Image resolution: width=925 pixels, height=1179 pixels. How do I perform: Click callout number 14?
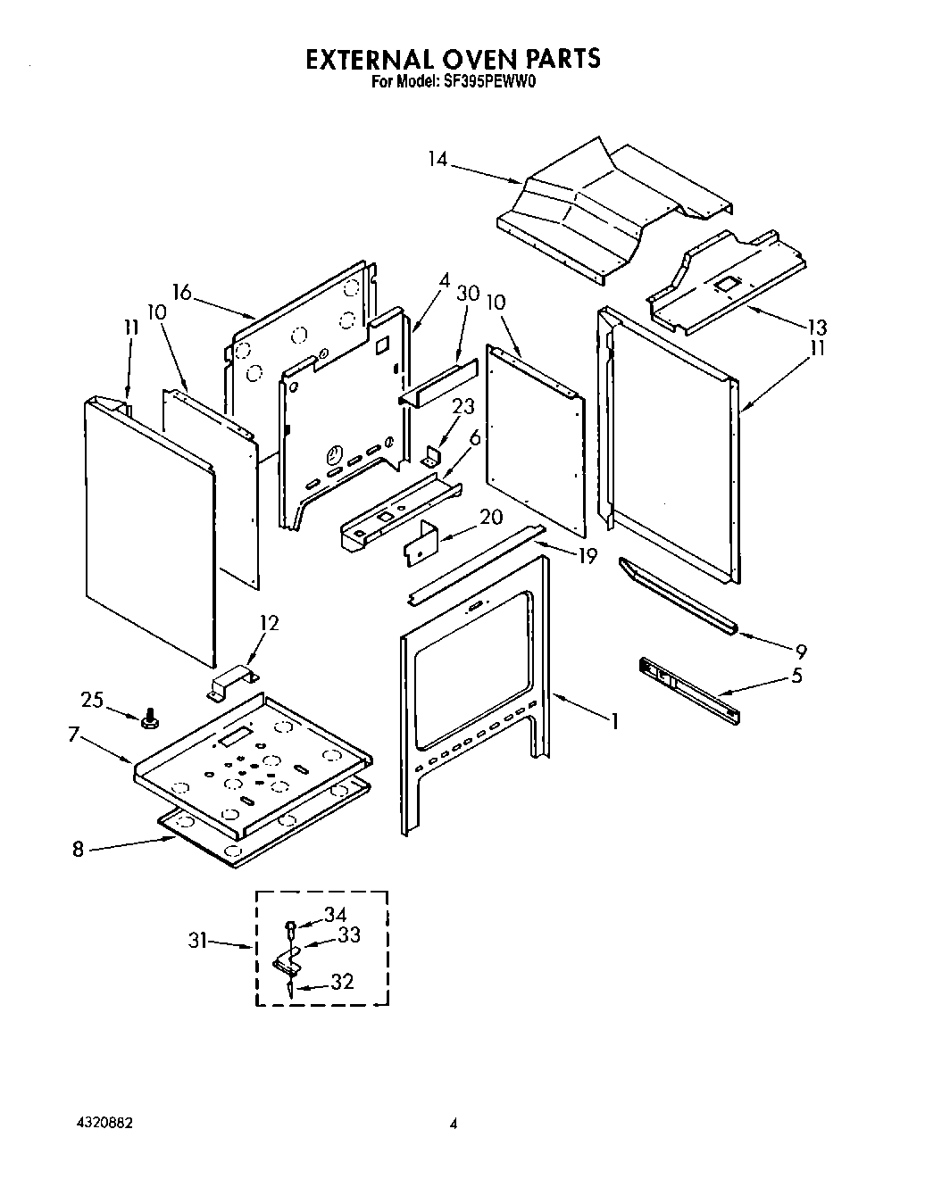[437, 160]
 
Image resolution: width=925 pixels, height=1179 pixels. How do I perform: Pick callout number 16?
[182, 292]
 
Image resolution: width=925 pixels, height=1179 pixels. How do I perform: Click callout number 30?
[468, 294]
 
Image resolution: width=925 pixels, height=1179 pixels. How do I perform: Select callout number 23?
[463, 405]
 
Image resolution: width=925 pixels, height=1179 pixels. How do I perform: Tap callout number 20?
[491, 518]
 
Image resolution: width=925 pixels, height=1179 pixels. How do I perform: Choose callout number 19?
[587, 556]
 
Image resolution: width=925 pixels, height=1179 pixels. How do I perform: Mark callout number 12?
[269, 623]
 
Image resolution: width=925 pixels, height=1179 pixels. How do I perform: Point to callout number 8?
[78, 850]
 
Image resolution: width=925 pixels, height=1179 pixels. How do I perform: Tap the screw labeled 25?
[148, 717]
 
